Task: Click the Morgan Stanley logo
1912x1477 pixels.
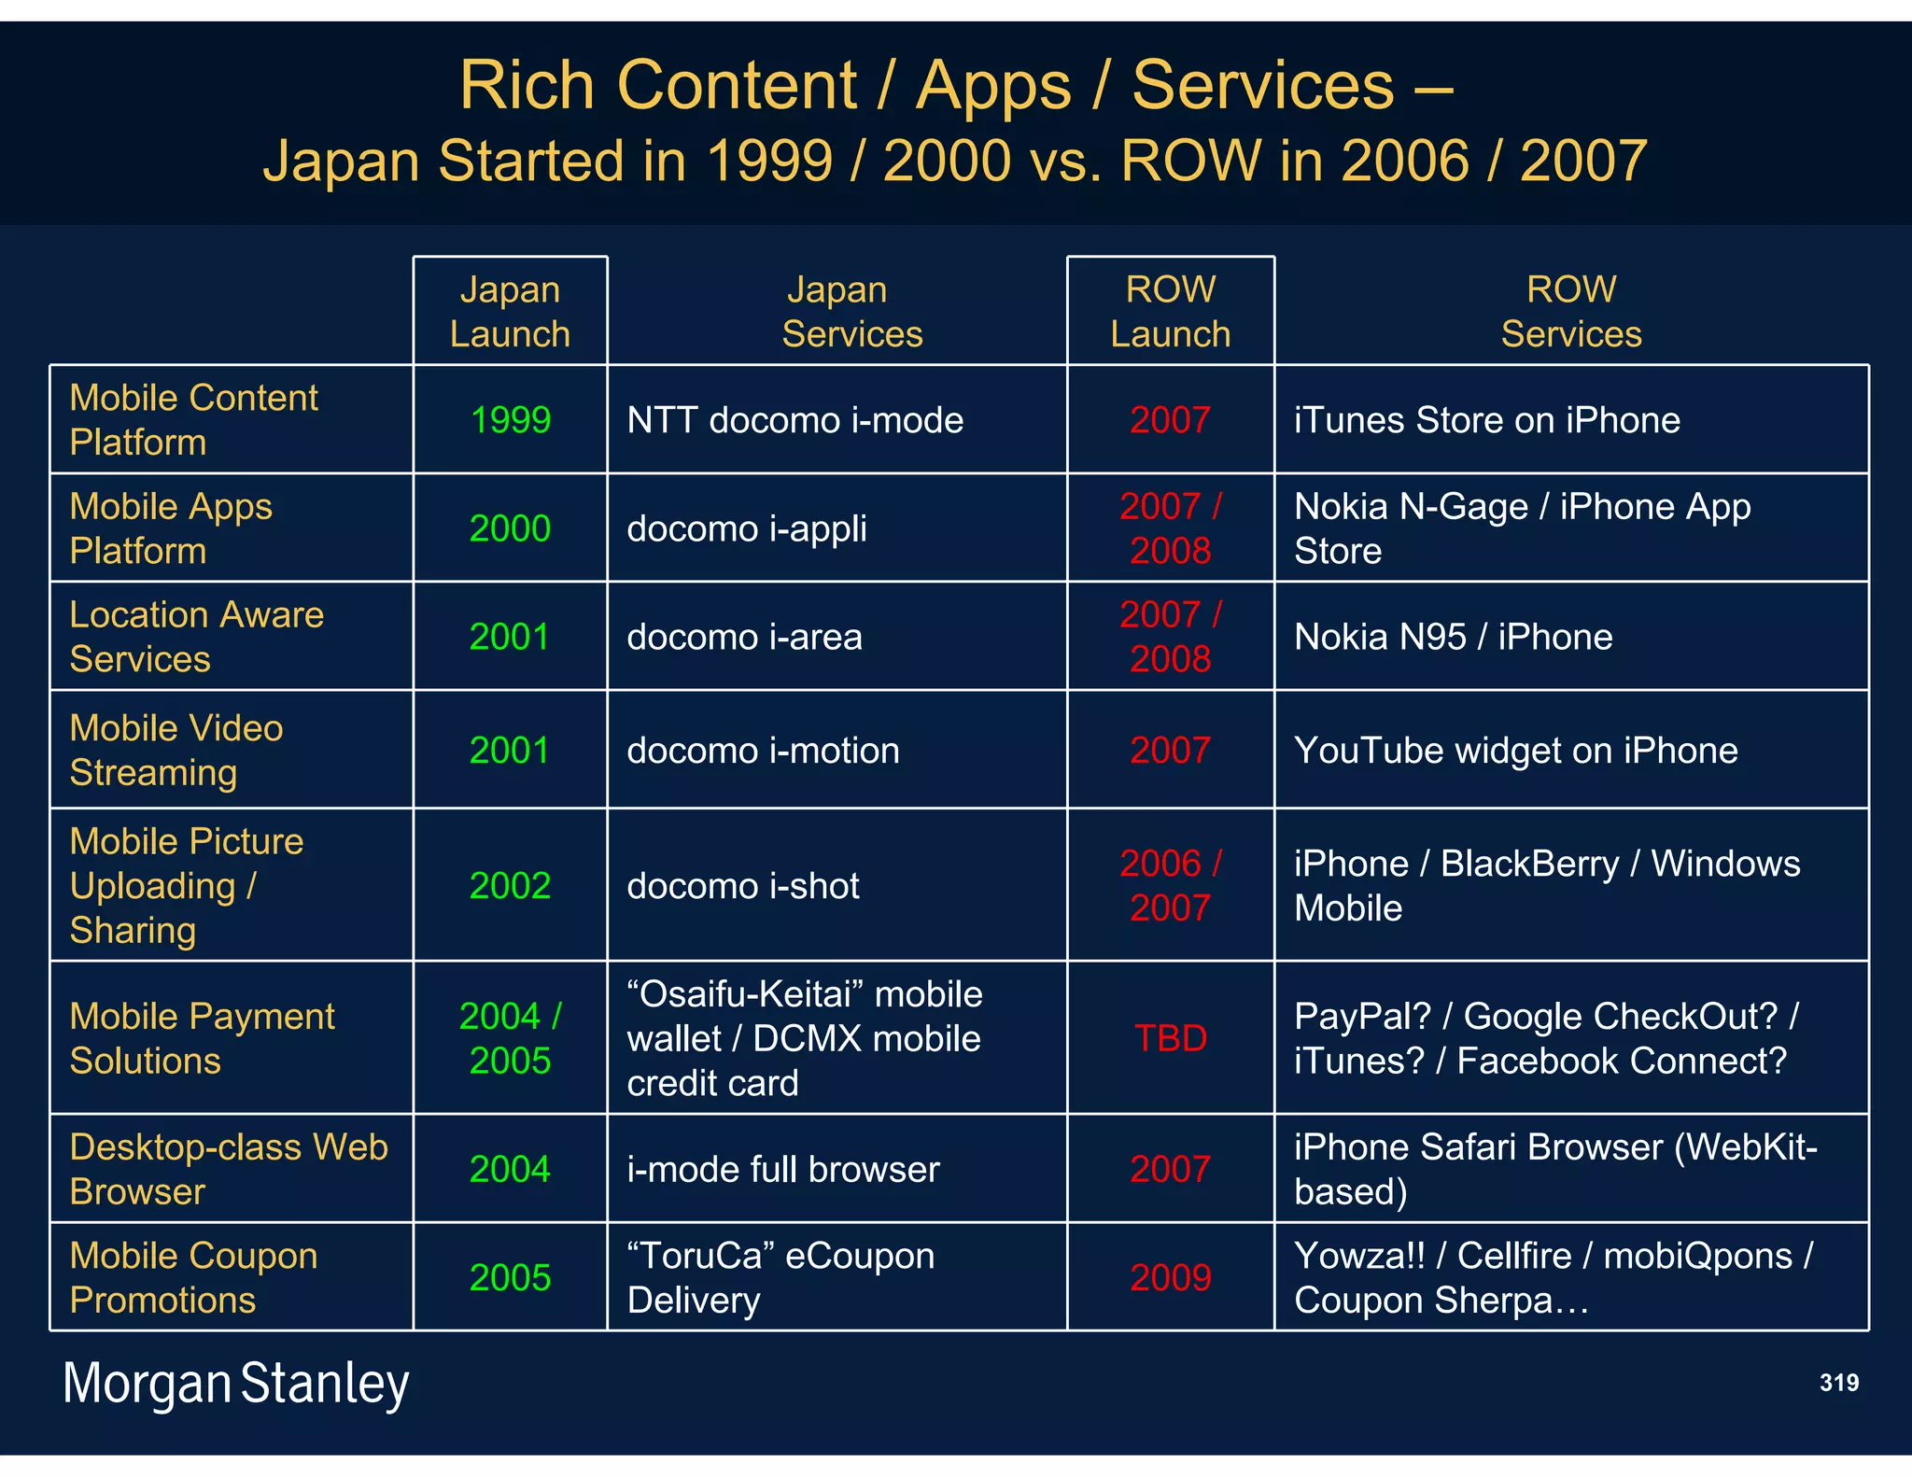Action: [235, 1384]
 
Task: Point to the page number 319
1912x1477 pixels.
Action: [1838, 1383]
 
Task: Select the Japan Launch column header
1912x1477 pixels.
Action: [510, 312]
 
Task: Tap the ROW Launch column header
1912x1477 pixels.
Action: [1170, 312]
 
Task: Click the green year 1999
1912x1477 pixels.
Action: [510, 420]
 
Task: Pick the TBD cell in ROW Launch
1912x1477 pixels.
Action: [1170, 1038]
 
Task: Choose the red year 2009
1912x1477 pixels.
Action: [1170, 1277]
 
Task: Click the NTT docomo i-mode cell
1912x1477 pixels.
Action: [794, 420]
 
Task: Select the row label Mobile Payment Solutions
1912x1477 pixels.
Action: [202, 1038]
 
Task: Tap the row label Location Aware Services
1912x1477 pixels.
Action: [196, 637]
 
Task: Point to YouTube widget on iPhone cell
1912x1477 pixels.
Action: [1515, 751]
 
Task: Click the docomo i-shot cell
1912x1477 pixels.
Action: [743, 885]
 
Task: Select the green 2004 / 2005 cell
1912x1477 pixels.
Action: [510, 1038]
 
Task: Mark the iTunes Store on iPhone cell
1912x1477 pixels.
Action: [1486, 420]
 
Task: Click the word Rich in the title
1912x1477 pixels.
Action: [527, 86]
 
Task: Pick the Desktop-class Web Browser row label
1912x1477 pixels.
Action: [228, 1169]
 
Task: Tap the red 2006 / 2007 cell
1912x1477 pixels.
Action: [1170, 885]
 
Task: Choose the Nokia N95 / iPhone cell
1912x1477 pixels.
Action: [1453, 637]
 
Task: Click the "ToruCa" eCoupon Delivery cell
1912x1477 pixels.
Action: [780, 1277]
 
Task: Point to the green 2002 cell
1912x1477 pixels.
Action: [510, 885]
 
